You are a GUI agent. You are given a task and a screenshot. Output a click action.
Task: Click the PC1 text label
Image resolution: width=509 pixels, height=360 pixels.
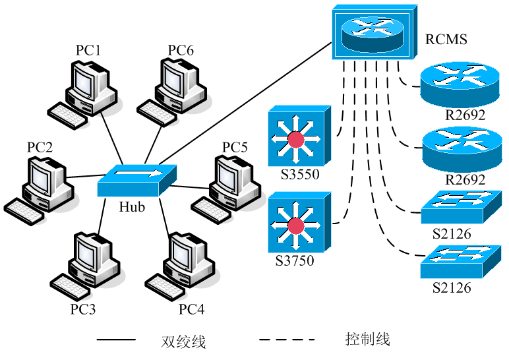point(88,50)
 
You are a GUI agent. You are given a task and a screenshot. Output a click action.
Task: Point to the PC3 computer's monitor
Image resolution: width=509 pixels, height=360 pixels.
point(86,253)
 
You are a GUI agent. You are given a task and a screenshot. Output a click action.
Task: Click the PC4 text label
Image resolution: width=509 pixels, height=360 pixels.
point(191,309)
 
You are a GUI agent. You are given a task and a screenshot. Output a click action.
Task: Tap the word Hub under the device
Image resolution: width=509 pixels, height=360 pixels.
point(132,206)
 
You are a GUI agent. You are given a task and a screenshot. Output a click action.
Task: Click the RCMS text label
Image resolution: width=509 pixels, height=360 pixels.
point(446,40)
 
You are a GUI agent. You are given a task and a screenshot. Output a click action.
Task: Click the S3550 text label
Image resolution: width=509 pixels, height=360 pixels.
point(295,175)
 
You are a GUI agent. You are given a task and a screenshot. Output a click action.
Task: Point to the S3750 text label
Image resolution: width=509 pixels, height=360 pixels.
point(294,260)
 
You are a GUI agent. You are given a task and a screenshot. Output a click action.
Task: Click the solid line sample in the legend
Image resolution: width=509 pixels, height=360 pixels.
point(117,340)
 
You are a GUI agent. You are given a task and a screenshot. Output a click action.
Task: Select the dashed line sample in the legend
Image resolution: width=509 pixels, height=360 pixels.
point(287,340)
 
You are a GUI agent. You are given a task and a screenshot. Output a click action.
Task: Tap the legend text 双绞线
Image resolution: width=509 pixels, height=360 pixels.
point(183,341)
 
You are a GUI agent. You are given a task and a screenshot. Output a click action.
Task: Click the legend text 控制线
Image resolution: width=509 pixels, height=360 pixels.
point(368,340)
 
